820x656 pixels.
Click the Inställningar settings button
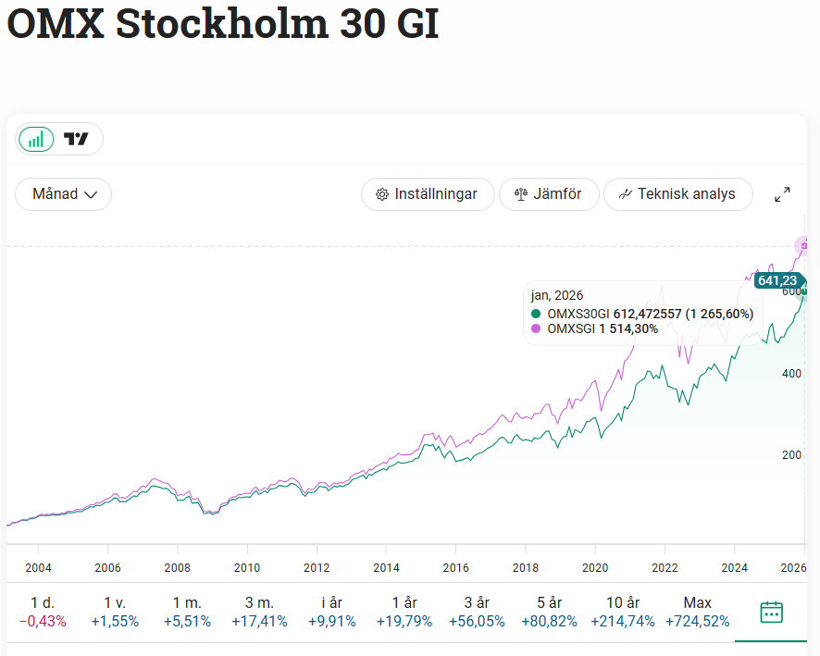(427, 194)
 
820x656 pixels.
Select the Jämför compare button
(549, 194)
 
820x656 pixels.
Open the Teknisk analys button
(677, 194)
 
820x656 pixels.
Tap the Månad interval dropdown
(64, 194)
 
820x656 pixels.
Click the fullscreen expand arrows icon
(782, 194)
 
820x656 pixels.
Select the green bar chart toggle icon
(36, 140)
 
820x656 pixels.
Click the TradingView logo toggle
(77, 140)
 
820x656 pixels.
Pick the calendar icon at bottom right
(771, 612)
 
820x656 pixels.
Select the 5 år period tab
(549, 612)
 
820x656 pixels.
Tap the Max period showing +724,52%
(697, 612)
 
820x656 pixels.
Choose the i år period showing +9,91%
(332, 612)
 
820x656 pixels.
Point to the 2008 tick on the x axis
(178, 567)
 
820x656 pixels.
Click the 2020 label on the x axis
(595, 567)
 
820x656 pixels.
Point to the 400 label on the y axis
(791, 373)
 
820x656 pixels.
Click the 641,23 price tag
(777, 280)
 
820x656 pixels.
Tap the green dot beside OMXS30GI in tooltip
(536, 314)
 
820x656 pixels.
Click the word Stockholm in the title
(221, 25)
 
